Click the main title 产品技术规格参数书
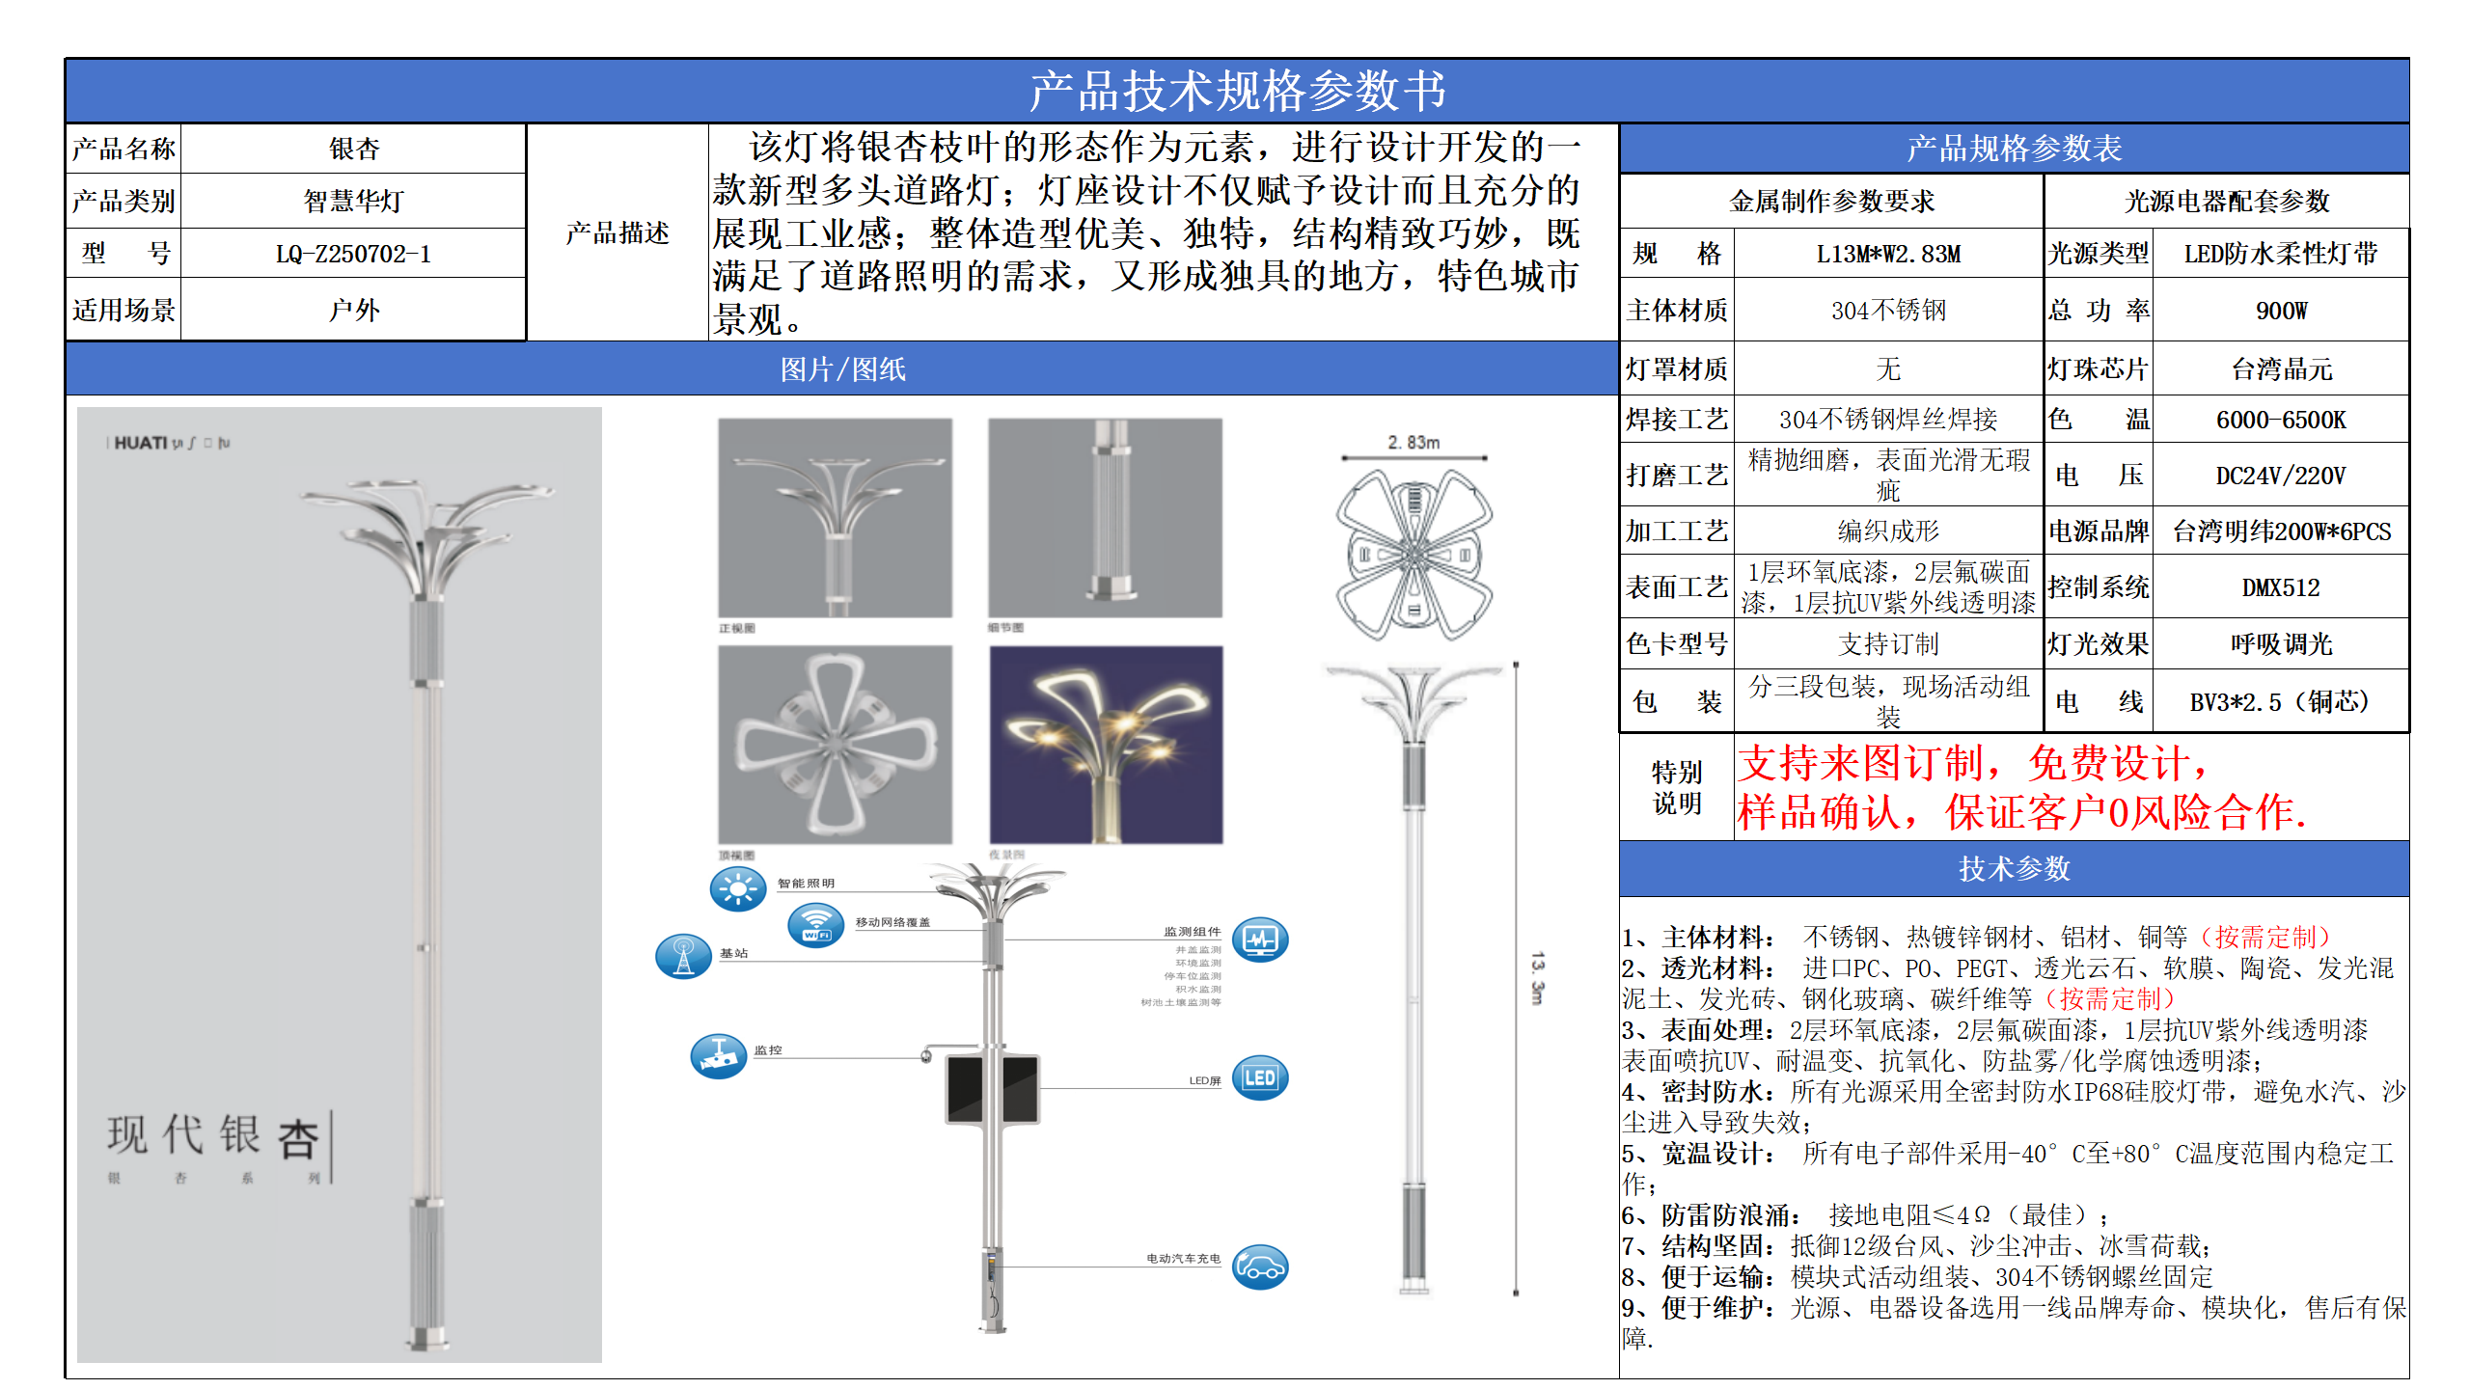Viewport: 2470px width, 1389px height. pos(1237,91)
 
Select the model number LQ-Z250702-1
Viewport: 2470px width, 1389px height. pos(353,254)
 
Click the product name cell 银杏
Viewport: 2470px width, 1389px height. pos(353,149)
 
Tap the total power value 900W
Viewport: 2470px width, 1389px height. pos(2281,311)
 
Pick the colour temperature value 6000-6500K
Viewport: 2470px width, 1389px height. pos(2281,420)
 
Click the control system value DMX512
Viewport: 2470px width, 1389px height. pos(2281,587)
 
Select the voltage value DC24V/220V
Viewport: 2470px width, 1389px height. pos(2281,476)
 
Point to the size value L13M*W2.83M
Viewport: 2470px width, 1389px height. pos(1888,254)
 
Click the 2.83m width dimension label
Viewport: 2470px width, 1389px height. pos(1413,442)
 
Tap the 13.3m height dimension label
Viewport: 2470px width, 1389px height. pos(1537,978)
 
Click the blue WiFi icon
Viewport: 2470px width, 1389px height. pos(816,926)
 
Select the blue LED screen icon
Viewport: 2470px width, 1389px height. pos(1260,1078)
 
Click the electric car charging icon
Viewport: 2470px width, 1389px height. pos(1260,1266)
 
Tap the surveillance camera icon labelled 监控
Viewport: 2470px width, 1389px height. pos(719,1056)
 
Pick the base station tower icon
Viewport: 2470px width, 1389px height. pos(683,957)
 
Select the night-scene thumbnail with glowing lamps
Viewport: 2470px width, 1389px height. pos(1106,745)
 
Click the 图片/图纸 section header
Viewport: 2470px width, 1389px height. pos(842,369)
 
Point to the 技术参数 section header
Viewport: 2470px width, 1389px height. pos(2014,869)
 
